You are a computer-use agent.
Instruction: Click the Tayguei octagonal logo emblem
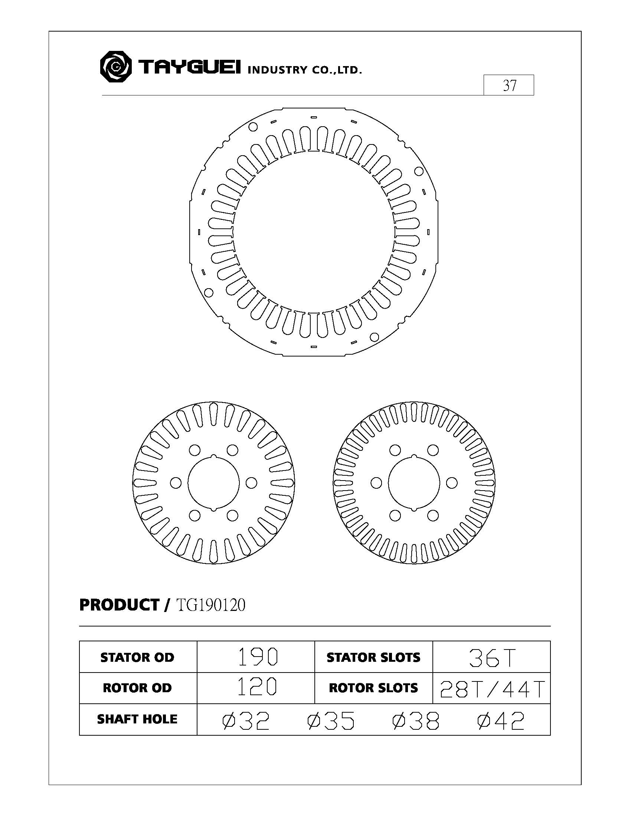(x=115, y=67)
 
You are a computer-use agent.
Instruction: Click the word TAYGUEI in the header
(x=190, y=67)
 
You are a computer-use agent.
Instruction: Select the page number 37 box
(x=509, y=85)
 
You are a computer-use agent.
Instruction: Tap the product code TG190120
(x=210, y=605)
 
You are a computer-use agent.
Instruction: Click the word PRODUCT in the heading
(x=119, y=605)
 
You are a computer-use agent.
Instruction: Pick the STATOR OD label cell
(x=138, y=657)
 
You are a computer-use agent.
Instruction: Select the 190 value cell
(x=256, y=657)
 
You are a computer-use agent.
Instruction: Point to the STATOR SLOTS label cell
(x=374, y=657)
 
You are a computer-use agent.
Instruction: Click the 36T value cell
(x=491, y=657)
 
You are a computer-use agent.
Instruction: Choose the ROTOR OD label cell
(x=138, y=688)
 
